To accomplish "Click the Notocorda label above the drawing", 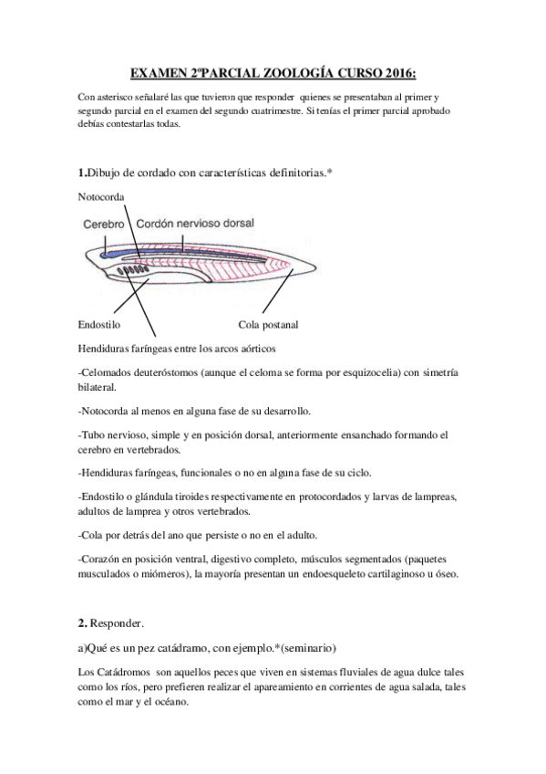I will pyautogui.click(x=101, y=197).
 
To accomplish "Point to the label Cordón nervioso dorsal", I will pyautogui.click(x=195, y=223).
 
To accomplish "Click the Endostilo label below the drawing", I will pyautogui.click(x=100, y=324).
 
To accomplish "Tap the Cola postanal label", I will pyautogui.click(x=268, y=324).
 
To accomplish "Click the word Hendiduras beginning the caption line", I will pyautogui.click(x=108, y=348).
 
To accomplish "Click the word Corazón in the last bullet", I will pyautogui.click(x=105, y=559).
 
